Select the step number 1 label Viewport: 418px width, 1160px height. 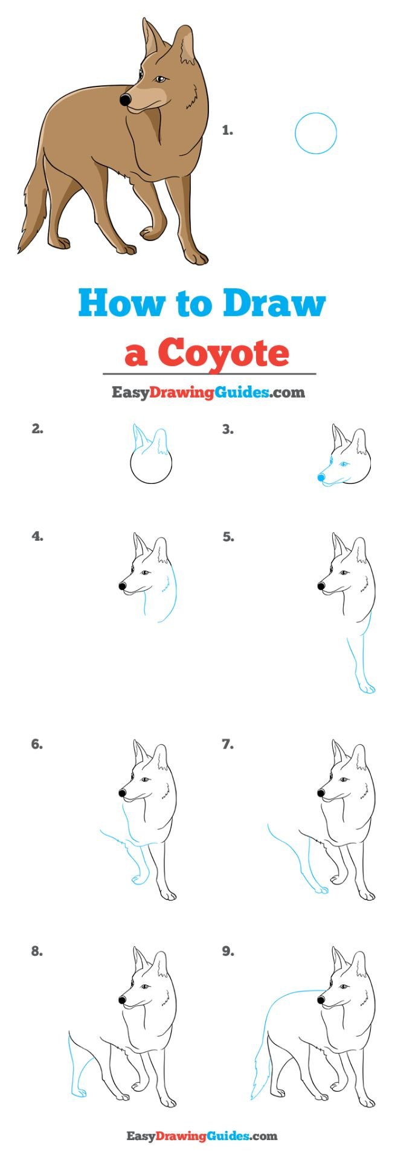227,130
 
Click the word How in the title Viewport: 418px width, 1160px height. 121,304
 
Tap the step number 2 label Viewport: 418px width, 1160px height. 37,430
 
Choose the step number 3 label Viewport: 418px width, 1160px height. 227,430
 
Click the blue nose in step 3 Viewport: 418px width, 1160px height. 321,477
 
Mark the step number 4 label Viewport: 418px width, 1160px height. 37,536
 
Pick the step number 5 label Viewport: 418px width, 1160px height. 227,536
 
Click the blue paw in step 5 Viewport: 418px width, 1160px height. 366,688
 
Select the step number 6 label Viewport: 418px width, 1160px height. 37,744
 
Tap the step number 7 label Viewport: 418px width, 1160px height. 227,744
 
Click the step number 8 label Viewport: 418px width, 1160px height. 37,952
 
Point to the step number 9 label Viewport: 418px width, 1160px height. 227,952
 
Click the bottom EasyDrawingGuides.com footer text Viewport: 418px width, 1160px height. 202,1136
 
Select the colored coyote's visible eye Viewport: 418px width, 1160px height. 160,79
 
